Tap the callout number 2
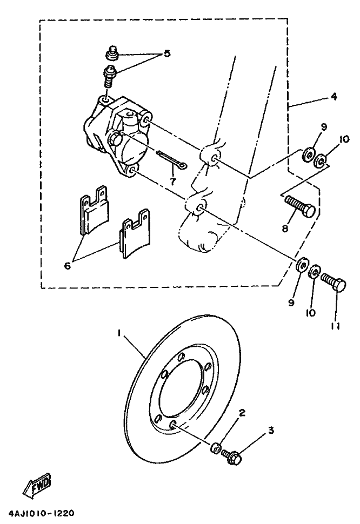(x=243, y=413)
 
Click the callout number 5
(x=167, y=53)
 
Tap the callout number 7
(x=172, y=182)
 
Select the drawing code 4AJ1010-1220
(x=41, y=512)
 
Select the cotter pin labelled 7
(x=172, y=160)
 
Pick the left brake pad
(x=92, y=212)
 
